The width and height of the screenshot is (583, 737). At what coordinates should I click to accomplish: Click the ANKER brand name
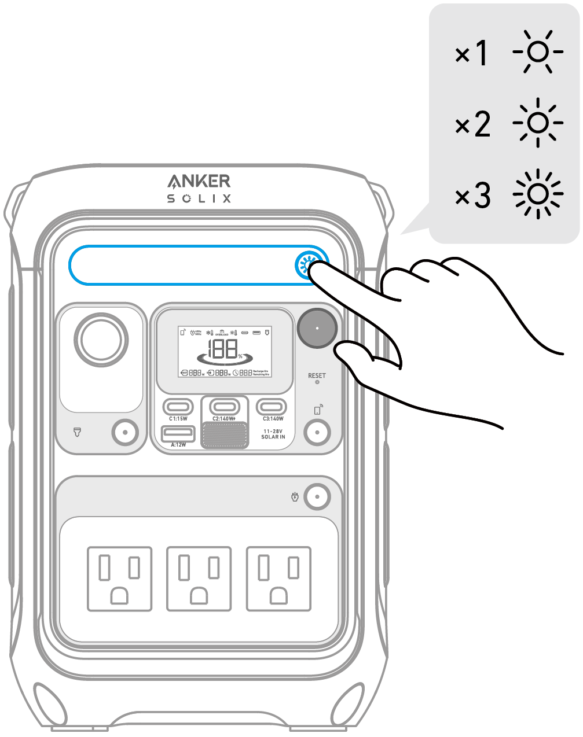pos(199,181)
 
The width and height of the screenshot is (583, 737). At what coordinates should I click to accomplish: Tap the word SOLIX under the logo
pos(199,198)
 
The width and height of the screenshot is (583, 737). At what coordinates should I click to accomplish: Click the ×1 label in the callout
pos(471,54)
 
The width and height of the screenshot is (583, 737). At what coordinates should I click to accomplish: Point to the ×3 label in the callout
pos(472,196)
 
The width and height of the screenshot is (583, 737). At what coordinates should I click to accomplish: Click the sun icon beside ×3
pos(538,194)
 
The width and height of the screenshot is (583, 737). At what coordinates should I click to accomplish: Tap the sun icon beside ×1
pos(538,53)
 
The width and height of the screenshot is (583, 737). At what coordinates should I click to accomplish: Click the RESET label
pos(317,375)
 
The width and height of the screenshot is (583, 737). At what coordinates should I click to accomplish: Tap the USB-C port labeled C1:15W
pos(178,406)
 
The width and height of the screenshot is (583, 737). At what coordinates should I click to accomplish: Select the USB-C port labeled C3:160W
pos(272,406)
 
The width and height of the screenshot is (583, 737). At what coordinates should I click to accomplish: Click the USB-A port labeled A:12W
pos(178,433)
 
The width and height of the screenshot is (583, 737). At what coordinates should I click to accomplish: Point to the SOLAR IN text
pos(273,437)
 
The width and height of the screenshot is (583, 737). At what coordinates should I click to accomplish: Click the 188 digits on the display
pos(223,349)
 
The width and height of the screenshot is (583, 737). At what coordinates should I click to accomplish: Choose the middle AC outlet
pos(199,578)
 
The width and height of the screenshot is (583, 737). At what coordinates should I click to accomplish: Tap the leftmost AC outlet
pos(120,578)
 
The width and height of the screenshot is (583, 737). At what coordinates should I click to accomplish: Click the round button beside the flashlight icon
pos(125,432)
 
